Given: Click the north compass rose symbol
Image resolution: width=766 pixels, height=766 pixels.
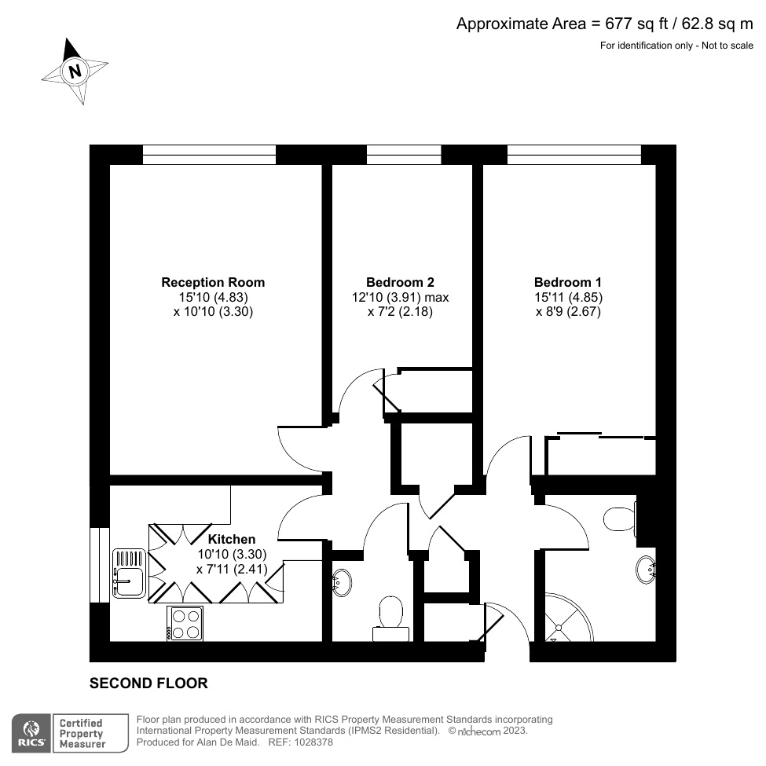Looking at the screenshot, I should coord(75,71).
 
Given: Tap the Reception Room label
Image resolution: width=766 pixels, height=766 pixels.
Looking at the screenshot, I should coord(213,282).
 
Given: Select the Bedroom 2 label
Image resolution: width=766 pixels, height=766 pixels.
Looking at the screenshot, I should coord(400,282).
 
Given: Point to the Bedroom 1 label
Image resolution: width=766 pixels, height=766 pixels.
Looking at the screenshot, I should coord(568,282).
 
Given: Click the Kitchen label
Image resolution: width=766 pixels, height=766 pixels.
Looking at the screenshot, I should coord(231,539).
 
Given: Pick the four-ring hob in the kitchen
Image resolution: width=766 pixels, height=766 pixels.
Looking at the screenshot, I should coord(185,623).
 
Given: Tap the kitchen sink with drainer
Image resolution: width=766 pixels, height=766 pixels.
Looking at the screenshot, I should coord(129,573).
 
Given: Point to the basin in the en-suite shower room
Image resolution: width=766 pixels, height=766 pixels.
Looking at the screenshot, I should coord(647,568).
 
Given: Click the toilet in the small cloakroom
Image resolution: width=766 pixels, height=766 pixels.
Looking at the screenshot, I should coord(390,614).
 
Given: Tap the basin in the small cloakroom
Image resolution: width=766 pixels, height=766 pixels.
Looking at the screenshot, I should coord(343,582).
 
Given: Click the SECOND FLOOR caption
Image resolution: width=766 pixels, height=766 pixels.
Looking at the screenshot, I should coord(148,684).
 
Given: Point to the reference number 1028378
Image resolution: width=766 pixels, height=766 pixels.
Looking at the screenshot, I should coord(312,742).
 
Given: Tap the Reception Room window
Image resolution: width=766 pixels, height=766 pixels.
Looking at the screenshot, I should coord(209,155).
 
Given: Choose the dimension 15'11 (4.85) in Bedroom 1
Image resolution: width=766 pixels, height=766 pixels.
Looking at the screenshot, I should coord(568,297).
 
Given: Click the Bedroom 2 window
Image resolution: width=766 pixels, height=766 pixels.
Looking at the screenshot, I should coord(404,155).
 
